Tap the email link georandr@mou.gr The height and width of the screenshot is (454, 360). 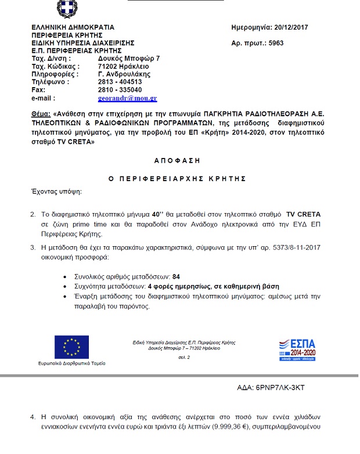(128, 99)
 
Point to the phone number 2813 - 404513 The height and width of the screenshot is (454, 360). (120, 82)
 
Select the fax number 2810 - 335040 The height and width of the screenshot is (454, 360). (120, 91)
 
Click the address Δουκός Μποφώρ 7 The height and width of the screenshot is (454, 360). (129, 59)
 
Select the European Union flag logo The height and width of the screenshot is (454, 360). (71, 347)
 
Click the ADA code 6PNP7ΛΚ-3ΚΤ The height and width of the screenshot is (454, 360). (279, 387)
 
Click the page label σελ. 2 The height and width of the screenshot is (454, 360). (183, 358)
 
